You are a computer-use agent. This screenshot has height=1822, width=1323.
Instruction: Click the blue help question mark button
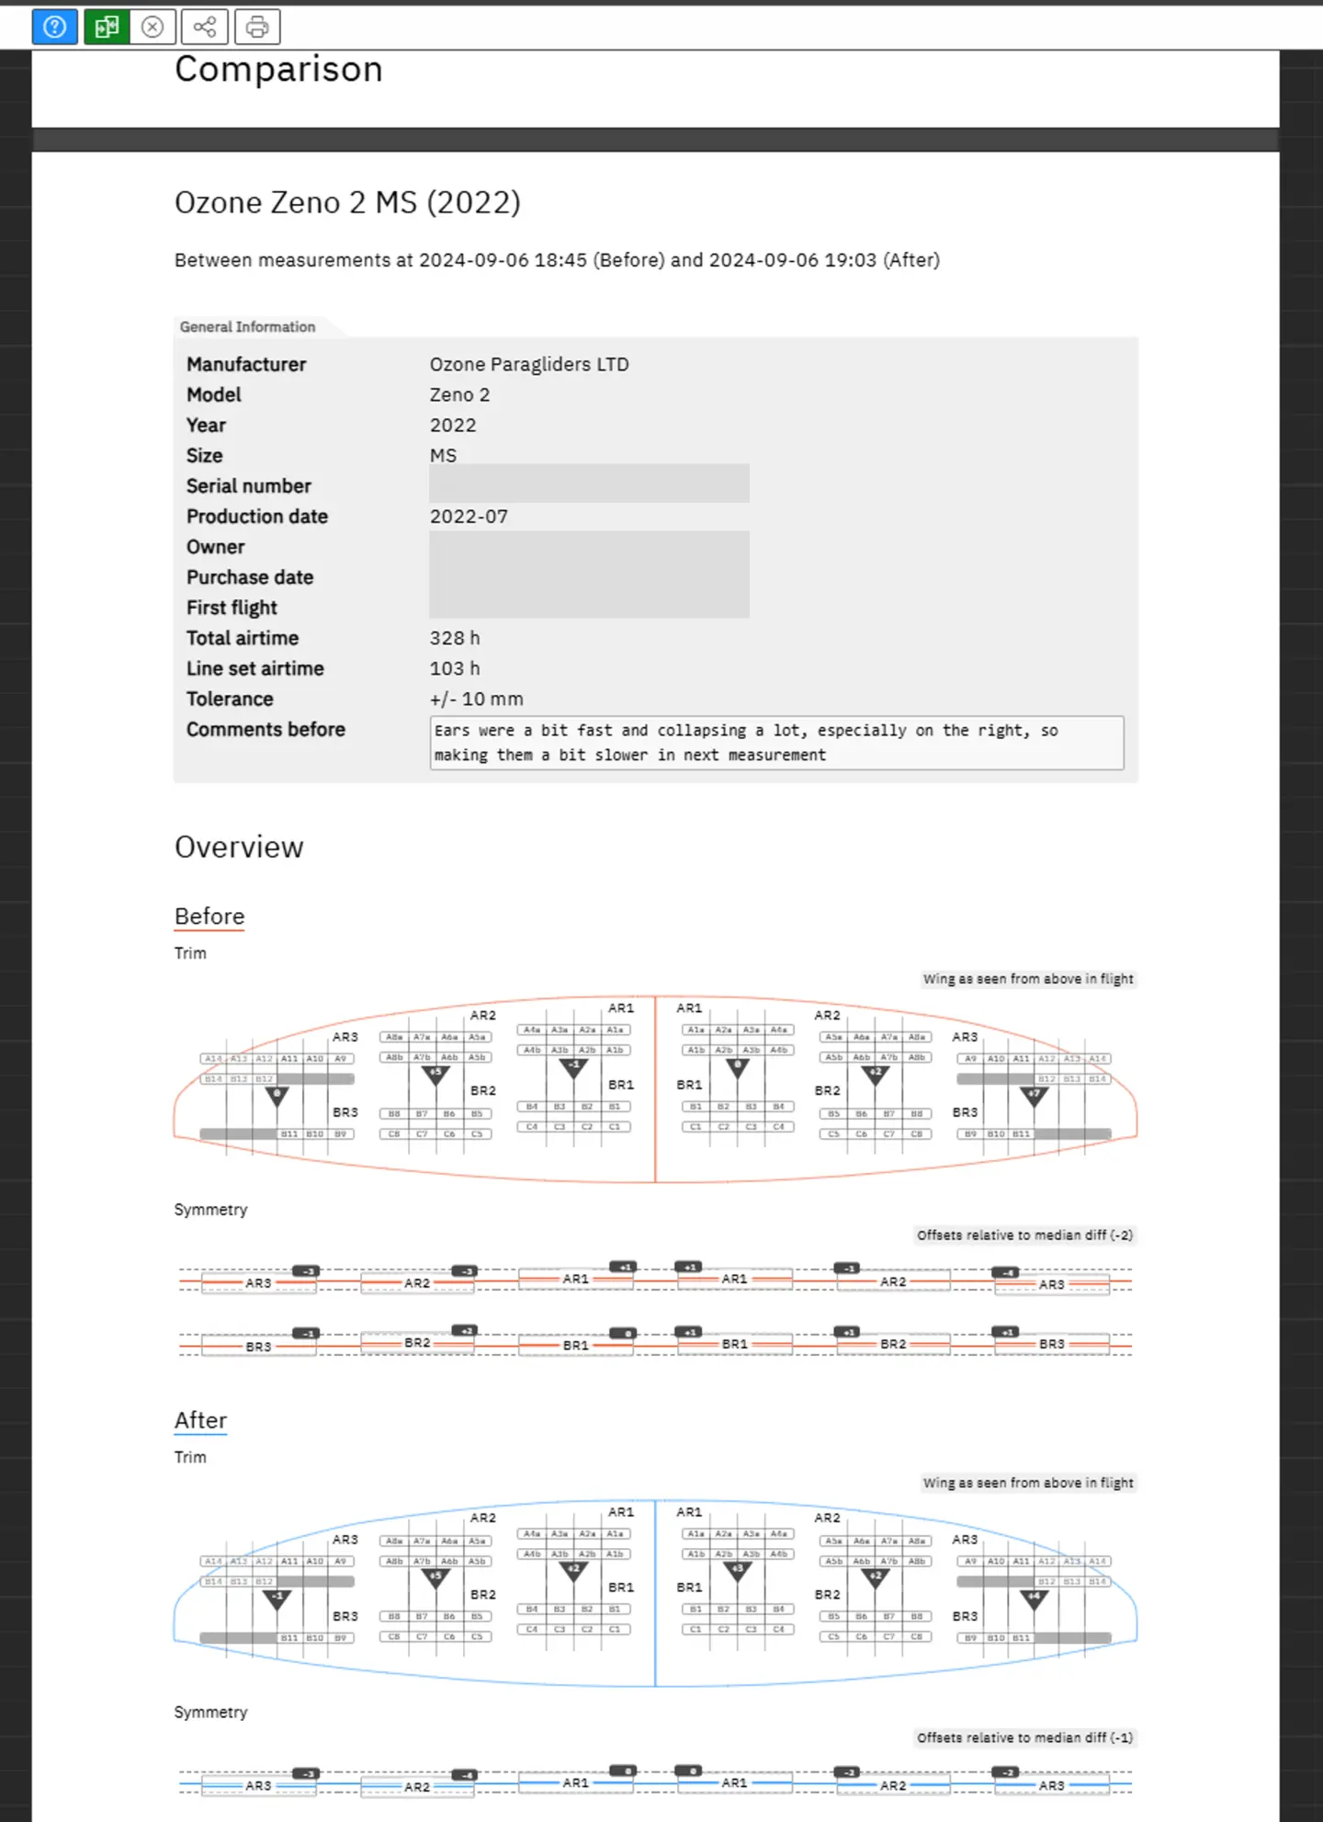coord(54,27)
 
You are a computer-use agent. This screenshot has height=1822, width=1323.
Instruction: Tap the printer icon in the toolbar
coord(257,27)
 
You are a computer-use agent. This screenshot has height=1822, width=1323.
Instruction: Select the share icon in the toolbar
coord(204,27)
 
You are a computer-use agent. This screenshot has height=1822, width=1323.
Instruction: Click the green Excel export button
coord(107,27)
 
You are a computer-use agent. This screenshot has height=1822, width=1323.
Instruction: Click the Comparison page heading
coord(278,70)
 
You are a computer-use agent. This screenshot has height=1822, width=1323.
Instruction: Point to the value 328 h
coord(454,638)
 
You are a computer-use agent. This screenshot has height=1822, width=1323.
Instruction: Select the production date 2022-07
coord(469,517)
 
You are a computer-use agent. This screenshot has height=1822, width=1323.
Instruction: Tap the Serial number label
coord(248,486)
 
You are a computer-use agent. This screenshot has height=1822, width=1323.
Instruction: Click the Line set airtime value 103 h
coord(454,668)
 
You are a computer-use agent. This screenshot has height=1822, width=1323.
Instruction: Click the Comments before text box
coord(775,743)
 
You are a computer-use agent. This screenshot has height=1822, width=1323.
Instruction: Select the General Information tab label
coord(247,327)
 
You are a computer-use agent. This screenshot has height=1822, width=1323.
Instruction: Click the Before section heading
coord(209,917)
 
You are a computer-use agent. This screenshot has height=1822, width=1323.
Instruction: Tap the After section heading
coord(200,1420)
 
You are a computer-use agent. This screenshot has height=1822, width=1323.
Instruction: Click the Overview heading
coord(239,848)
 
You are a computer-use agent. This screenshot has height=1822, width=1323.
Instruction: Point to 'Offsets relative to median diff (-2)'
coord(1024,1236)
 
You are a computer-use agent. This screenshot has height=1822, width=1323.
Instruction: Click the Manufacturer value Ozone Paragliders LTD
coord(529,364)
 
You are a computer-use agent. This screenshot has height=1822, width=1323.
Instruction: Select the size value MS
coord(443,456)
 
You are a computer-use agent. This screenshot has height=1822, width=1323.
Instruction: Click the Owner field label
coord(215,547)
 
